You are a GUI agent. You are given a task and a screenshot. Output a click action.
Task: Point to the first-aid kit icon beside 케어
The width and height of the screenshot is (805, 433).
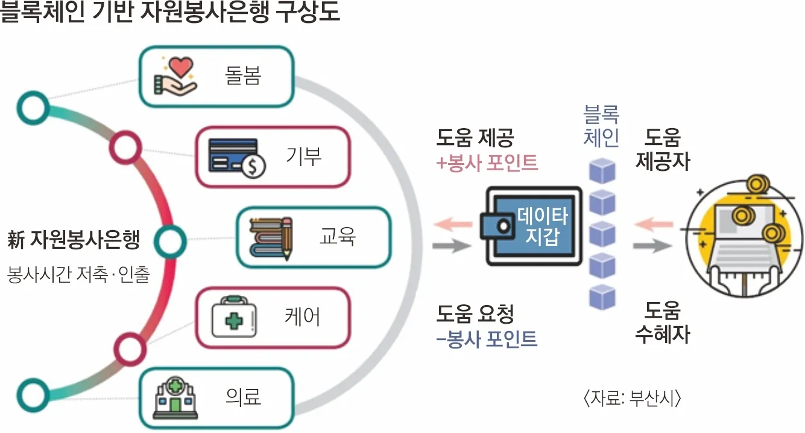[x=233, y=317]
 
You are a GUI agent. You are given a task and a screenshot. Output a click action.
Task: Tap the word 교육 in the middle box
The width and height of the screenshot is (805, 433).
[x=338, y=237]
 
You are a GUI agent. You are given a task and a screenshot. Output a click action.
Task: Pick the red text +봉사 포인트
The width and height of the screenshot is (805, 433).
[x=487, y=163]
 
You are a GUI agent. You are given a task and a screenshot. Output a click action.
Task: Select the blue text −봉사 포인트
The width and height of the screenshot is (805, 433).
[x=487, y=339]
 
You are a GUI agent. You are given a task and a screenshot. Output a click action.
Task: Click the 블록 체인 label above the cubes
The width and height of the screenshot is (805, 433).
[x=601, y=126]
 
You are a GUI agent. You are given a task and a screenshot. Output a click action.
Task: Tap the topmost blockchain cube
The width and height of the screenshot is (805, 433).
[x=602, y=172]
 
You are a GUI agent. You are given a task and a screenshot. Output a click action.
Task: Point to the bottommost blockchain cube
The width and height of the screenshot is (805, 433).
[x=602, y=296]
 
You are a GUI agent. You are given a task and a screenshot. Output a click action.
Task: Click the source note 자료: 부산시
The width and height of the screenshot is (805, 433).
[x=631, y=399]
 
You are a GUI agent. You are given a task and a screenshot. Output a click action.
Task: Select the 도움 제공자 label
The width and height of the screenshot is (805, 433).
[x=662, y=150]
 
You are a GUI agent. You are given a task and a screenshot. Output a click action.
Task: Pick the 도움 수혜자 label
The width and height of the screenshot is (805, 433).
[x=662, y=322]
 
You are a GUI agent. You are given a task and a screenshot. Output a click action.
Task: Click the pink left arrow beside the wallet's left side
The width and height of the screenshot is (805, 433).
[x=453, y=225]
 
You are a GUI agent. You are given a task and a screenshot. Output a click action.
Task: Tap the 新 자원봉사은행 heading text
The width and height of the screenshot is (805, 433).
[x=74, y=241]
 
